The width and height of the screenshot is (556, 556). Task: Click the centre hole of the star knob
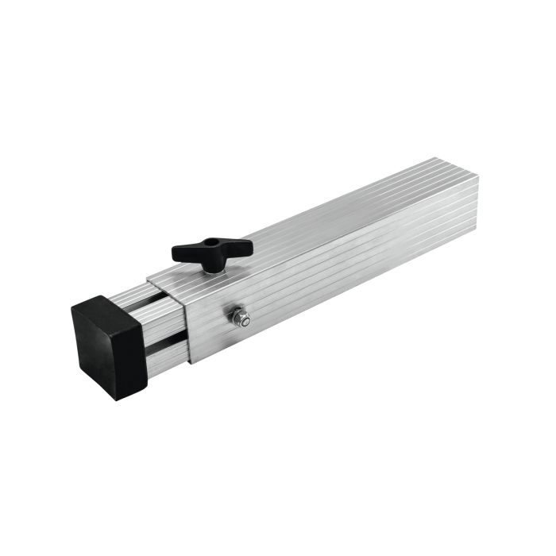point(211,244)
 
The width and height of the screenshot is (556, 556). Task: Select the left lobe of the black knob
point(183,254)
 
